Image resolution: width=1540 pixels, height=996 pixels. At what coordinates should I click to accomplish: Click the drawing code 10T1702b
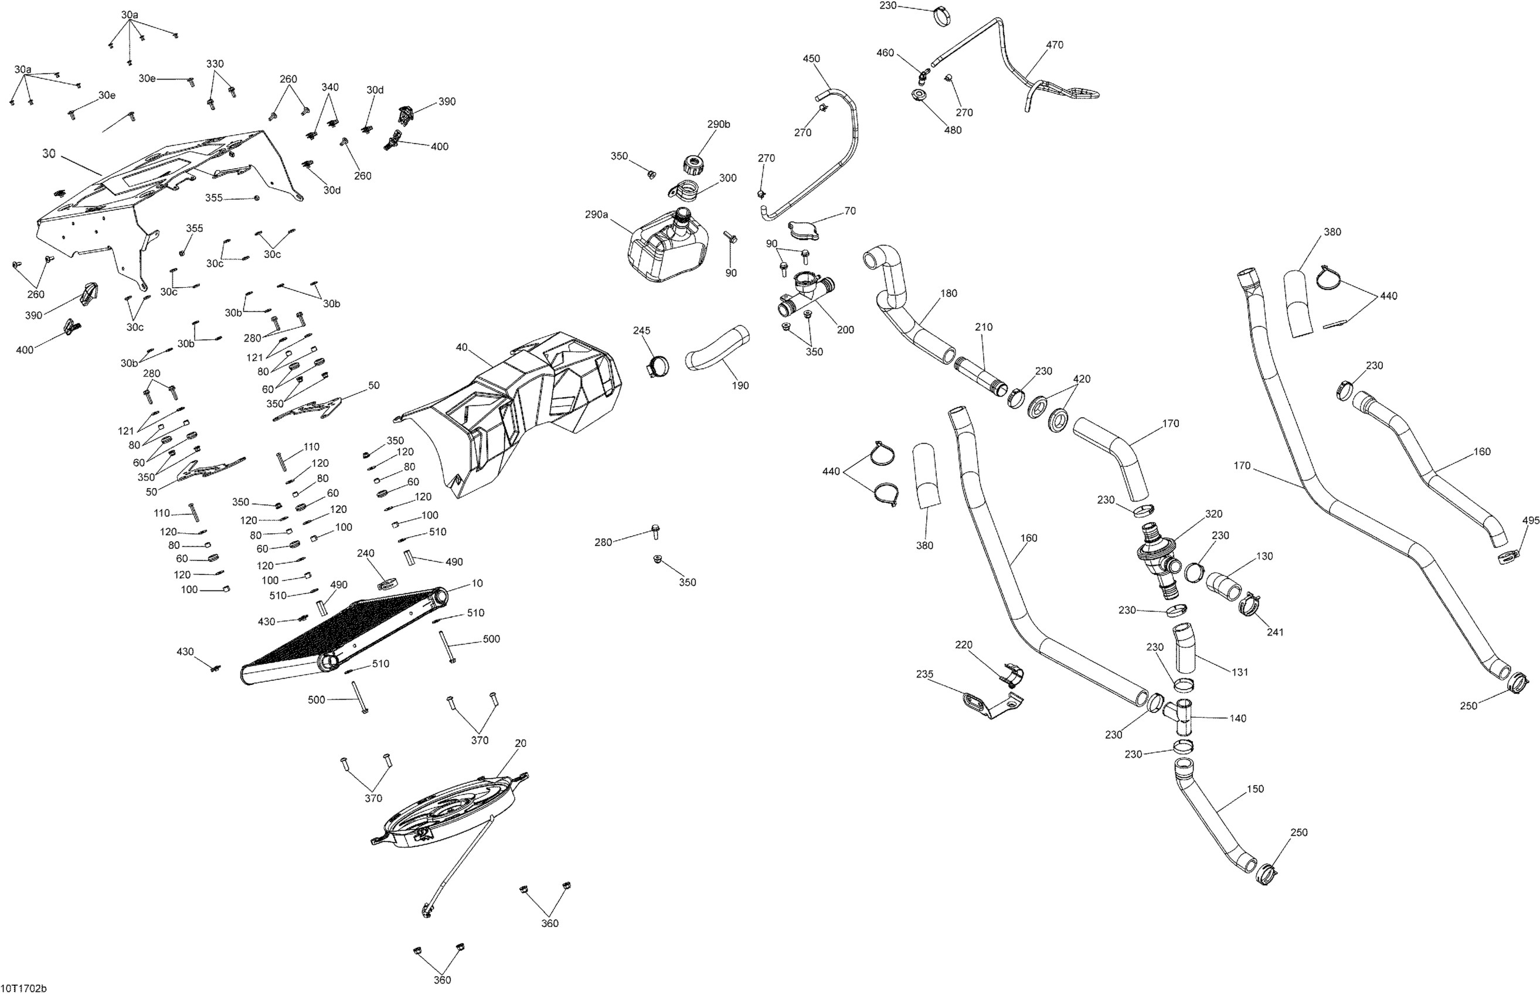(24, 988)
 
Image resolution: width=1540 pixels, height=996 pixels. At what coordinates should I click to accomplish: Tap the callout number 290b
(718, 124)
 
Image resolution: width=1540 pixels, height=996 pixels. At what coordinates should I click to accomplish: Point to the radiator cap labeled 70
(804, 230)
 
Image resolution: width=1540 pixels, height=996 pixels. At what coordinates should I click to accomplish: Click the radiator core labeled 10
(343, 637)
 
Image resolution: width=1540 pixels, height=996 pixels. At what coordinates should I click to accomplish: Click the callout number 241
(1274, 632)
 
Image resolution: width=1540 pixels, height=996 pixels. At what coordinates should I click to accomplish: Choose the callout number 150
(1255, 789)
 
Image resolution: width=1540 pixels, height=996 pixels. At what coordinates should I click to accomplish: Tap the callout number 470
(1054, 45)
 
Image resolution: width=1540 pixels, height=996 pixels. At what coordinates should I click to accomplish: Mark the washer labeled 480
(919, 95)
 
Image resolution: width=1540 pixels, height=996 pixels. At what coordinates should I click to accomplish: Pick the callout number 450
(811, 58)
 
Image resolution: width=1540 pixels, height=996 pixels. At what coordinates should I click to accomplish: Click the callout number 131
(1239, 672)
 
